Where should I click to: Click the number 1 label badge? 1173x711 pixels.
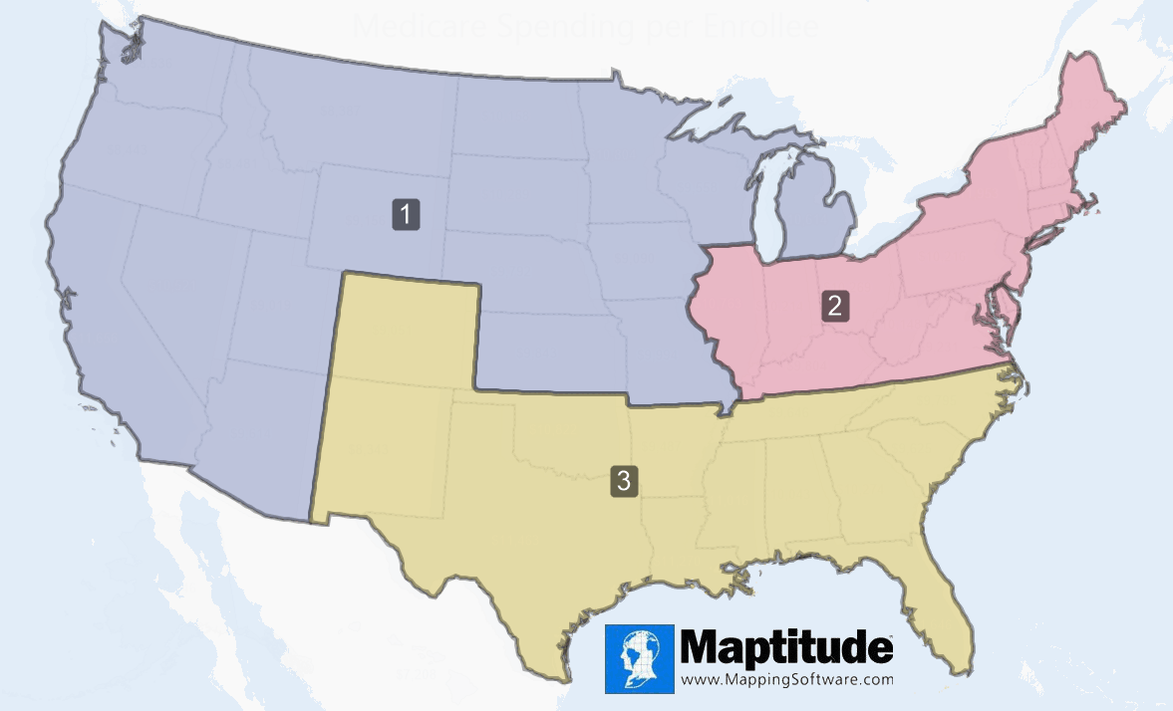pos(406,214)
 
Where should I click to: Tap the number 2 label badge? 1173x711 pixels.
pos(835,305)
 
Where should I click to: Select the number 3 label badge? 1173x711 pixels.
pos(624,481)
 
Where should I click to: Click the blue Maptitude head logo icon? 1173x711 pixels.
pos(639,658)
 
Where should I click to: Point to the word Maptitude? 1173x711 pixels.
pos(786,648)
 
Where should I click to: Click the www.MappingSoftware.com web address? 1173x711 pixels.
pos(787,680)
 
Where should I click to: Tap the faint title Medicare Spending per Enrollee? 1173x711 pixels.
pos(586,27)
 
